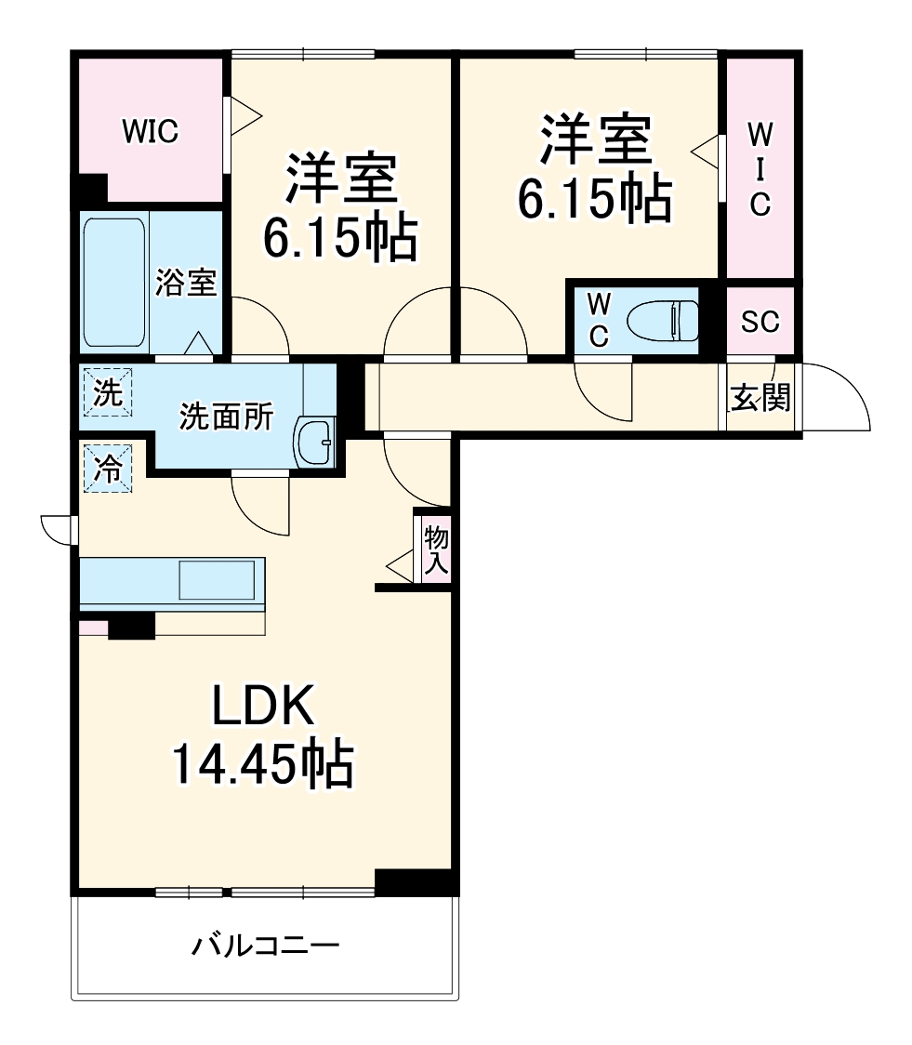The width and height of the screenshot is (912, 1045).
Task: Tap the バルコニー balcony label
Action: pos(266,947)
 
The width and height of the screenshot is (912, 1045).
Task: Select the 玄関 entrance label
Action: pos(760,398)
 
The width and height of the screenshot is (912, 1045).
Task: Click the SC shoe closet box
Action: pos(760,321)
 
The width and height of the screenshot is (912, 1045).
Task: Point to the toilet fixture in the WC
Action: pos(662,321)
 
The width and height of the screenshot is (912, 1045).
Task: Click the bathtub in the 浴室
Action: pos(114,281)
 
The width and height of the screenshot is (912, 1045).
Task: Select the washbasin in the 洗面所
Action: pos(313,440)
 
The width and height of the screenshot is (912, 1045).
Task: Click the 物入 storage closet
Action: pos(435,549)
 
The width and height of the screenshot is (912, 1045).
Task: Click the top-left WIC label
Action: pos(151,132)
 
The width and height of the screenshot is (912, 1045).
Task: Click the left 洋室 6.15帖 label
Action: pos(339,208)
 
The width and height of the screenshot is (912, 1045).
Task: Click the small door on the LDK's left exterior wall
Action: pos(58,529)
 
